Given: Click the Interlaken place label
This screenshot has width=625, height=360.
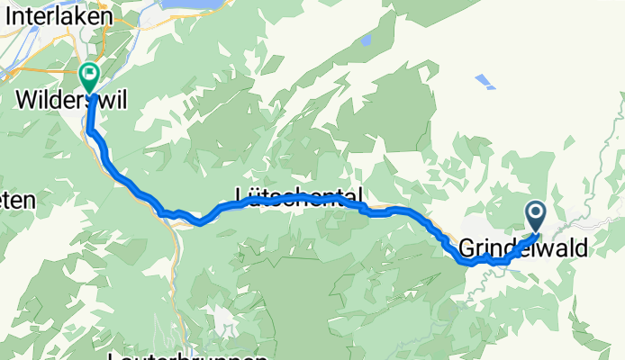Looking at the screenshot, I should (57, 16).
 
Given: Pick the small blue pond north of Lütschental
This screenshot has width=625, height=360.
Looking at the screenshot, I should (365, 40).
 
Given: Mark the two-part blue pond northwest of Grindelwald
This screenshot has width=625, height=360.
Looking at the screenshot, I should (485, 82).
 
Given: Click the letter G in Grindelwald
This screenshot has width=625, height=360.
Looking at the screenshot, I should (466, 247).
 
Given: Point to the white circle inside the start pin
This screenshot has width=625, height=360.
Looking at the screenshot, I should (536, 213).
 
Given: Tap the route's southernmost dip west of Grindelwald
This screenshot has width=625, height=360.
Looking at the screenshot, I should (467, 263).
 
